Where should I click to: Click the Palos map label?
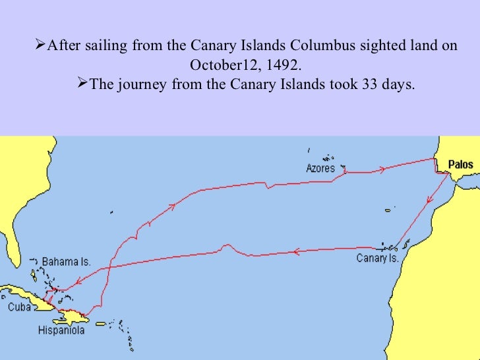pyautogui.click(x=460, y=164)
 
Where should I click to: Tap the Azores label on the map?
pyautogui.click(x=320, y=168)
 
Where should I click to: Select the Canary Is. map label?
pyautogui.click(x=377, y=258)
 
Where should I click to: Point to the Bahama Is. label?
pyautogui.click(x=66, y=262)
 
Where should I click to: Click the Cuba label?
pyautogui.click(x=19, y=307)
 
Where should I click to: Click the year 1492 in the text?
pyautogui.click(x=288, y=66)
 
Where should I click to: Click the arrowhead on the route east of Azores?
pyautogui.click(x=380, y=171)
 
